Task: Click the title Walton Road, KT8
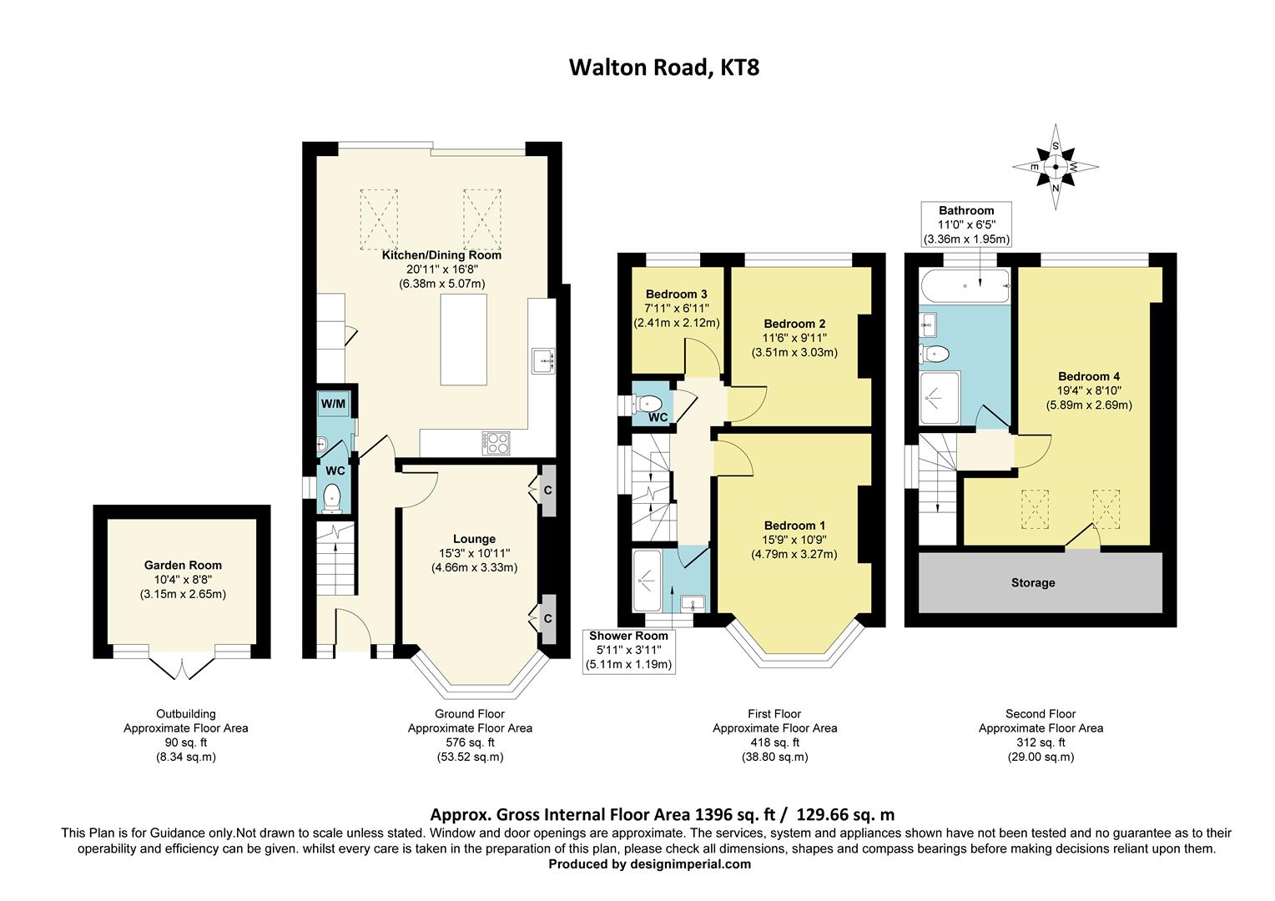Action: [663, 67]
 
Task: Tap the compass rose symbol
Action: [1056, 167]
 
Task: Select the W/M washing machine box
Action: [334, 404]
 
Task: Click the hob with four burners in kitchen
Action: [496, 442]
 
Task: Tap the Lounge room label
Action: [474, 539]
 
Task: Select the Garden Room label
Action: [183, 565]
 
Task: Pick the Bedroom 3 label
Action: [677, 294]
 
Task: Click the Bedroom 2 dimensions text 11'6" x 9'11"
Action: [794, 338]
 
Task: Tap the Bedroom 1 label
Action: [794, 526]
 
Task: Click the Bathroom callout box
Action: [966, 224]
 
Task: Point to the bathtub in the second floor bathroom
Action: [965, 285]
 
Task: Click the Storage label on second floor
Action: [1033, 582]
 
